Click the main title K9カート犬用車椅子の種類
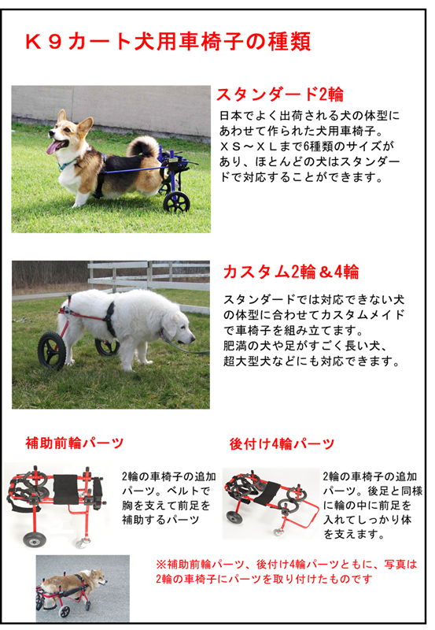pyautogui.click(x=168, y=42)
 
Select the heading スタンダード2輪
pyautogui.click(x=280, y=94)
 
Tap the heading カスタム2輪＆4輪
pyautogui.click(x=291, y=272)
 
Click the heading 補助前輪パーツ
pyautogui.click(x=74, y=443)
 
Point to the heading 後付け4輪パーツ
pyautogui.click(x=282, y=444)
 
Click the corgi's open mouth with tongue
pyautogui.click(x=54, y=146)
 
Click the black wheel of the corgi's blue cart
pyautogui.click(x=176, y=202)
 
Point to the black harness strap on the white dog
pyautogui.click(x=109, y=320)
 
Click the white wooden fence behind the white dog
pyautogui.click(x=149, y=276)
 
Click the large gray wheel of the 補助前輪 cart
pyautogui.click(x=34, y=539)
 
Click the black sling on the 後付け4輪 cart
pyautogui.click(x=267, y=494)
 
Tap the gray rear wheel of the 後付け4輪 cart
pyautogui.click(x=234, y=517)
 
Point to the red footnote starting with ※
pyautogui.click(x=286, y=572)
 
